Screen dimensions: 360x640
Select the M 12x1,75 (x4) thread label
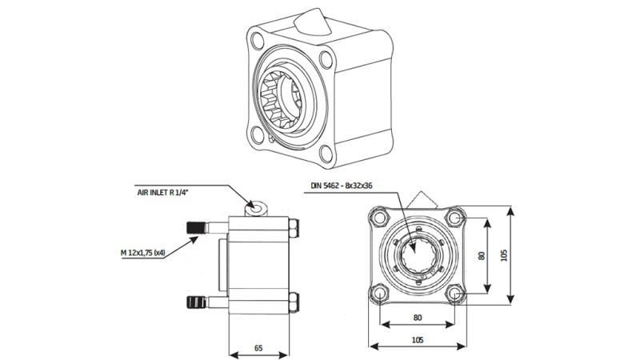(148, 253)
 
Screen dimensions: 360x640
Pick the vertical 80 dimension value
(480, 257)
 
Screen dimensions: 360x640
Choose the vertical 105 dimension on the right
(503, 254)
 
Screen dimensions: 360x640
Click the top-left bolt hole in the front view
(377, 217)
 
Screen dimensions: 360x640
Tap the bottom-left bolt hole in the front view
(377, 294)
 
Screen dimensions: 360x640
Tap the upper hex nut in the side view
(294, 230)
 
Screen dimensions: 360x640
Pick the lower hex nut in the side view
(294, 302)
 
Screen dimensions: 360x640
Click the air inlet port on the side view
(255, 208)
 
